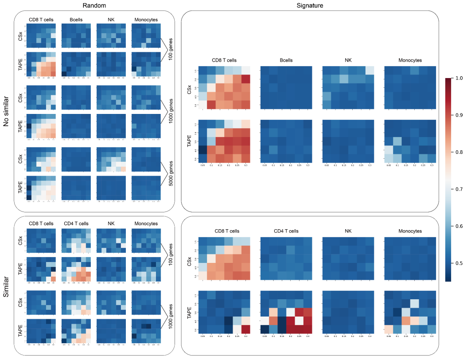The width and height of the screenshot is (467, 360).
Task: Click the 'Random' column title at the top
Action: click(94, 5)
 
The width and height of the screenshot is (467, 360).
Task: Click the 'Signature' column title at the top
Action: click(310, 5)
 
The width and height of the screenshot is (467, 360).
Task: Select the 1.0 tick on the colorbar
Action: click(459, 78)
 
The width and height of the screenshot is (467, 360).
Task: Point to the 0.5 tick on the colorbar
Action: click(459, 263)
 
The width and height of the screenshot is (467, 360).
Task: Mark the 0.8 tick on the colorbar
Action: click(459, 152)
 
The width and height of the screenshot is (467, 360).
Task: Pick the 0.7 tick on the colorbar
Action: click(459, 189)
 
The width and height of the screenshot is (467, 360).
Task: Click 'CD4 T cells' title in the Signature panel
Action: click(287, 231)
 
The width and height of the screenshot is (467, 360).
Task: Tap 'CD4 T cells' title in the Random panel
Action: click(78, 224)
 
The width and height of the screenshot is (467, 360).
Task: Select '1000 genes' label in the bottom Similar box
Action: click(171, 314)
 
